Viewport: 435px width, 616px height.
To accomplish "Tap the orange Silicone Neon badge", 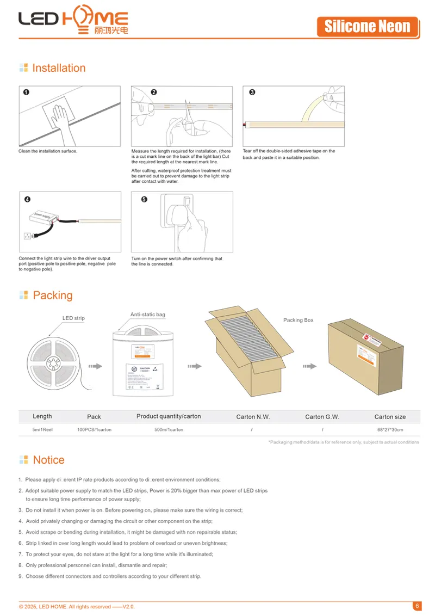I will click(x=368, y=26).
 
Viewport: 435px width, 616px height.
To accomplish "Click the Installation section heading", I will click(x=59, y=68).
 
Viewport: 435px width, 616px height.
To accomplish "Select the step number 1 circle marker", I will click(x=26, y=93).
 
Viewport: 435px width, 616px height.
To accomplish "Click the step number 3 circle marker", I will click(x=252, y=93).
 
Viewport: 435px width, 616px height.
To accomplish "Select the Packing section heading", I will click(x=52, y=295).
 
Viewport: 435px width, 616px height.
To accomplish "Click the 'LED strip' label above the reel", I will click(x=73, y=318).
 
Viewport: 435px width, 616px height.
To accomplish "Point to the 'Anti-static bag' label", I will click(x=147, y=315).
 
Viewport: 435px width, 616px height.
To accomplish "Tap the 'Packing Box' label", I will click(x=298, y=320).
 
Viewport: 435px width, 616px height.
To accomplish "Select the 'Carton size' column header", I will click(x=390, y=417).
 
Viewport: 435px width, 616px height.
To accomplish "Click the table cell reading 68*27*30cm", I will click(x=390, y=430).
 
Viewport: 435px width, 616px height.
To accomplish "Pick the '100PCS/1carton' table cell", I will click(x=94, y=430).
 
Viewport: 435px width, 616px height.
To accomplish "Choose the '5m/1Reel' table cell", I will click(x=42, y=430).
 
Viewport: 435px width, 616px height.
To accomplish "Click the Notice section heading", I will click(x=48, y=460).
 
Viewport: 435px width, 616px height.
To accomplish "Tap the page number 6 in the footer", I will click(x=417, y=606).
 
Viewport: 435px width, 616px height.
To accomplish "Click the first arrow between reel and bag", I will click(x=95, y=366).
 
